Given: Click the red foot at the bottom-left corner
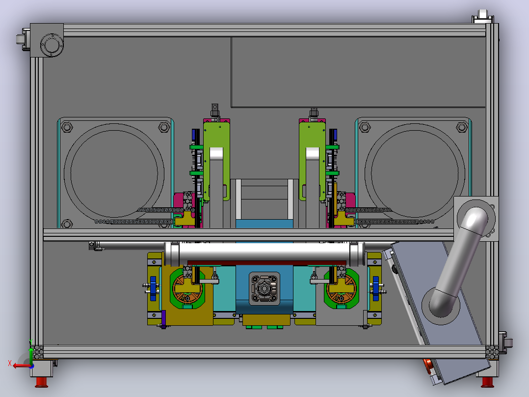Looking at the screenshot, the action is pyautogui.click(x=42, y=382).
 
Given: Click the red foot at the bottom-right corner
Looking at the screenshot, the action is pyautogui.click(x=487, y=382).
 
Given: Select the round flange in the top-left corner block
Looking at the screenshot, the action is pyautogui.click(x=52, y=45).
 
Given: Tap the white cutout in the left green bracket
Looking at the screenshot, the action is pyautogui.click(x=216, y=154).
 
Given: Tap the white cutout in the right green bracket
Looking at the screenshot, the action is pyautogui.click(x=313, y=154).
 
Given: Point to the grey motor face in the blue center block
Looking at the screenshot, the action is pyautogui.click(x=264, y=288).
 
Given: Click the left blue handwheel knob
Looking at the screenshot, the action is pyautogui.click(x=153, y=288).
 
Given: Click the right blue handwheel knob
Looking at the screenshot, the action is pyautogui.click(x=375, y=288).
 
